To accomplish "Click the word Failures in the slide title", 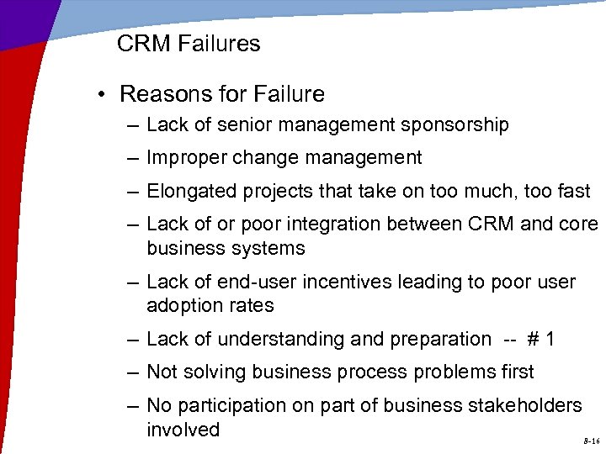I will (221, 44).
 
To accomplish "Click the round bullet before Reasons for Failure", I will (100, 94).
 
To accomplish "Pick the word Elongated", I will (191, 191).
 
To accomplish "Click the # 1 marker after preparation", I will (540, 339).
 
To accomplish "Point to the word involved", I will (183, 430).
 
